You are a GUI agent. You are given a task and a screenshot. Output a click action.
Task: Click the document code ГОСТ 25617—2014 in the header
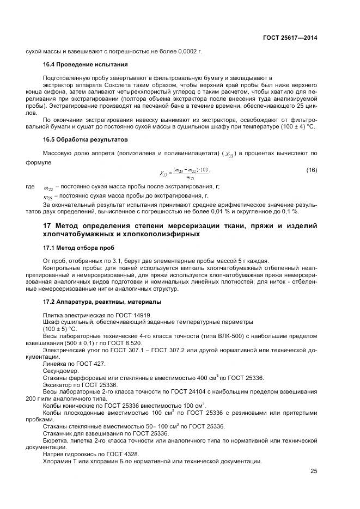click(286, 38)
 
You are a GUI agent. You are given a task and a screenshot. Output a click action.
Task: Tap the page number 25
click(313, 471)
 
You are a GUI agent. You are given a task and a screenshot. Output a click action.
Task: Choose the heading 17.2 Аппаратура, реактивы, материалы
click(93, 302)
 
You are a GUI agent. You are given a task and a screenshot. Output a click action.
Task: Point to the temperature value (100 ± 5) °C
click(60, 329)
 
